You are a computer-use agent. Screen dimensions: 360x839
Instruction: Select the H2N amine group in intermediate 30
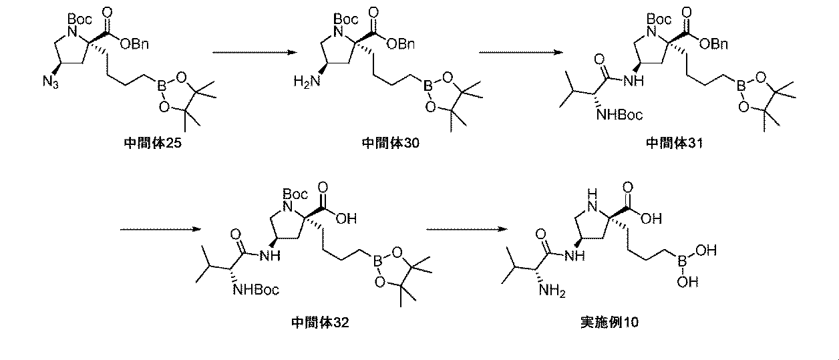[306, 81]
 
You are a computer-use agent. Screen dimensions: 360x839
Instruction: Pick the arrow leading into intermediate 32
[160, 230]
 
